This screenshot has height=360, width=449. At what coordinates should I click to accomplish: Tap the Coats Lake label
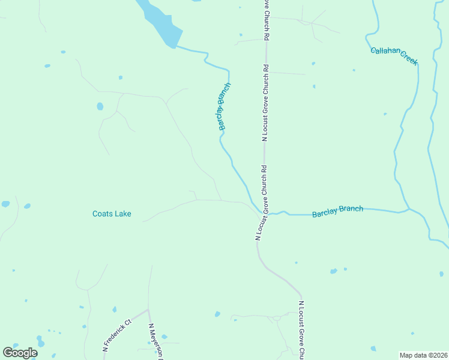(112, 214)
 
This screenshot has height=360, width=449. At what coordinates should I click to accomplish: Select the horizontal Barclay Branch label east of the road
(337, 211)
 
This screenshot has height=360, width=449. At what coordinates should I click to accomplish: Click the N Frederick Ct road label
(116, 335)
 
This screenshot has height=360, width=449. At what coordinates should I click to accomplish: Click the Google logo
(20, 353)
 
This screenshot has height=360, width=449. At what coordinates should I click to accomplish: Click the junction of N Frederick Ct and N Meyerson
(148, 310)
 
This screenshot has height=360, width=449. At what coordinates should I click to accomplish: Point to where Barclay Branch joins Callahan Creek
(409, 209)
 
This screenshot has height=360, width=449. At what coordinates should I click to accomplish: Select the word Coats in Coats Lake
(102, 214)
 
